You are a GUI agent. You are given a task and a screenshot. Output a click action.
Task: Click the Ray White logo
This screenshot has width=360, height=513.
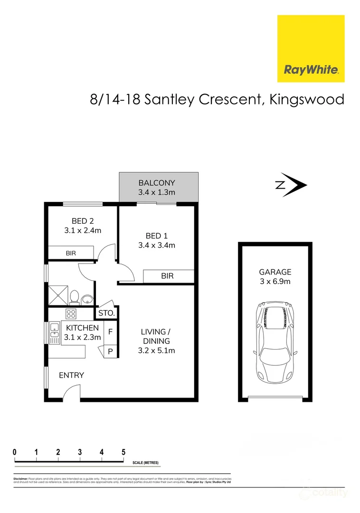[x=311, y=48]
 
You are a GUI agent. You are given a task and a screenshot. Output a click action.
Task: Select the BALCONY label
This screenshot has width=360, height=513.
[x=157, y=182]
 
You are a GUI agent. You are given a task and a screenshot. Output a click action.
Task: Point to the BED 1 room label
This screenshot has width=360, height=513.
[x=156, y=236]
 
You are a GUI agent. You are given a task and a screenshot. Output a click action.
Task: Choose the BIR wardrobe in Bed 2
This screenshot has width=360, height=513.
[x=71, y=253]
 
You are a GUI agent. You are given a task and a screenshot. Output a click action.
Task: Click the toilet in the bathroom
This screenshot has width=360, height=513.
[x=74, y=297]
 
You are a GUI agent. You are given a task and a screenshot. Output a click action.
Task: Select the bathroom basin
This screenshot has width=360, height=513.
[x=87, y=299]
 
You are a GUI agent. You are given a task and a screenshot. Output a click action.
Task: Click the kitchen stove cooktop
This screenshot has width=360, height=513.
[x=71, y=313]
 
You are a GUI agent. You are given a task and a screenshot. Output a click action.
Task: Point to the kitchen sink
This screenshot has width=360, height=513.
[x=53, y=332]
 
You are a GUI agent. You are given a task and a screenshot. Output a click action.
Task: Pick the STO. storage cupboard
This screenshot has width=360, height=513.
[x=106, y=313]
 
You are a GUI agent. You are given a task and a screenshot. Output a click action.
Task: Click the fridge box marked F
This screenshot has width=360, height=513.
[x=110, y=332]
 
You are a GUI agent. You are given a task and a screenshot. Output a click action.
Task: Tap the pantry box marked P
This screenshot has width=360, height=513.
[x=110, y=352]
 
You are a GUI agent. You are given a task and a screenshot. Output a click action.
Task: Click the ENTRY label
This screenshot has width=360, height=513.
[x=71, y=375]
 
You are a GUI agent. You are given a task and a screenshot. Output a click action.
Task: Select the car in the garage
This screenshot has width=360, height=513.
[x=275, y=342]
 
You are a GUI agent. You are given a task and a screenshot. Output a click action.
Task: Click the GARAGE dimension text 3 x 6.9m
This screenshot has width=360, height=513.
[x=275, y=282]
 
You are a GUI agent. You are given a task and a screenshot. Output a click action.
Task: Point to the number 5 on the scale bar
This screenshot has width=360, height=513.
[x=123, y=452]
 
